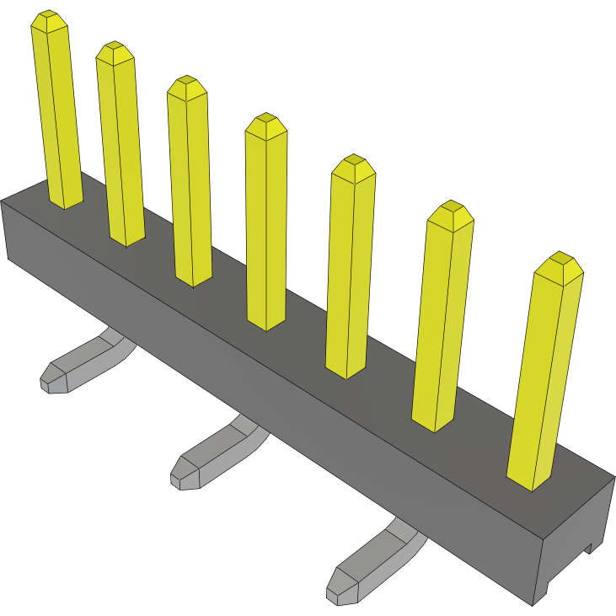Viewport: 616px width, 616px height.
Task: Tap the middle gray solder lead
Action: point(215,455)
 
